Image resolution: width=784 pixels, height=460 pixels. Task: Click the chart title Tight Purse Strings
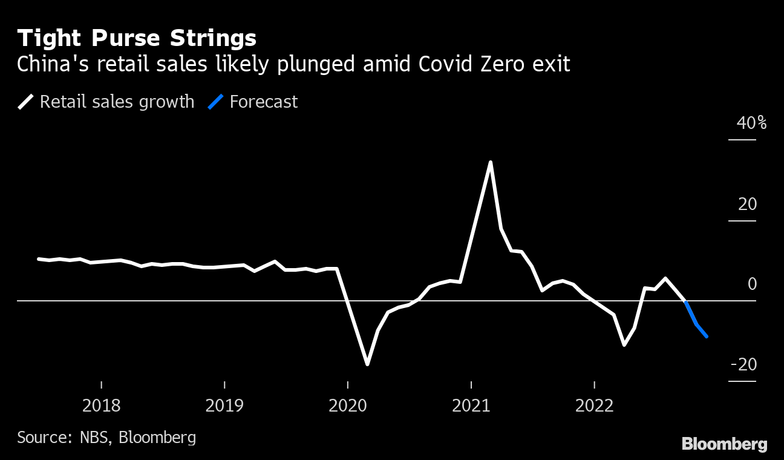click(137, 39)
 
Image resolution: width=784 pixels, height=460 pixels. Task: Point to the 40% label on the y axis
click(751, 123)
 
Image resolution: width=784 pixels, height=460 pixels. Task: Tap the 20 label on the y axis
click(747, 204)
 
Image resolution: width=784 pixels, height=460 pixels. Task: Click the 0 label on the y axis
click(752, 284)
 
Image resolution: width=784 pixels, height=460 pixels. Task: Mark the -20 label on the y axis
click(743, 364)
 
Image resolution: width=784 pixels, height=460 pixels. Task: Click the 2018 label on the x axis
click(102, 405)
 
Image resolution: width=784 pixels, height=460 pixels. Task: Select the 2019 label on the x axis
click(224, 405)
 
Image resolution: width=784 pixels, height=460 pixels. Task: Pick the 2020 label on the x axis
click(348, 405)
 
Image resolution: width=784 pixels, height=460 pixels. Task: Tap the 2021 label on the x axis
click(471, 405)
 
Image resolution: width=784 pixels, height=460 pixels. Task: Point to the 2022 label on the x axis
click(595, 405)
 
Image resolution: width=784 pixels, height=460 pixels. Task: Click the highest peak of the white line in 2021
click(491, 162)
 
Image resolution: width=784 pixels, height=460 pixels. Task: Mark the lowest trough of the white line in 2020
click(367, 364)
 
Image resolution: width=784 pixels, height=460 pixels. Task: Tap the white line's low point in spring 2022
click(624, 344)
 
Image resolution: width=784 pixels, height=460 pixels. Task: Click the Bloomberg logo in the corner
click(724, 444)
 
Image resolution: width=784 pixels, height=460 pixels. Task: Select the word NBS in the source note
click(94, 437)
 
